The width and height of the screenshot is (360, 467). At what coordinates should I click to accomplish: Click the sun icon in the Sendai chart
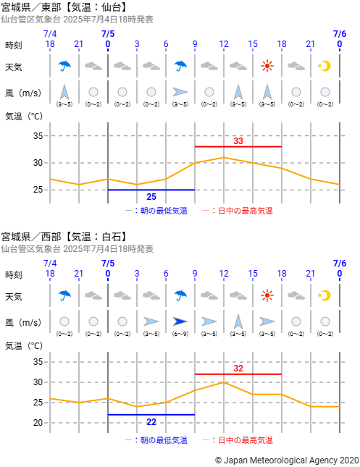click(x=267, y=66)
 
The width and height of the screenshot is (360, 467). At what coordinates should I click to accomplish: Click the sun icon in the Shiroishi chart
click(x=267, y=295)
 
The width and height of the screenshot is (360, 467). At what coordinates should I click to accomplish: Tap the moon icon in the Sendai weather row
click(x=325, y=66)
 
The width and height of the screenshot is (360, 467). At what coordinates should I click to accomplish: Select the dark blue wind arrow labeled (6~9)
click(x=180, y=321)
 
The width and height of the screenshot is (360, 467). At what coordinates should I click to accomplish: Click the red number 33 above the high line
click(x=238, y=141)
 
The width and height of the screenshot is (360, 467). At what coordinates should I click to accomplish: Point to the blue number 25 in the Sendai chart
click(x=151, y=196)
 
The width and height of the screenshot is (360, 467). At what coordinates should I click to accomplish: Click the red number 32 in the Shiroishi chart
click(x=238, y=369)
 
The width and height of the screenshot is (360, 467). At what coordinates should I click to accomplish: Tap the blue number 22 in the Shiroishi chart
click(x=151, y=421)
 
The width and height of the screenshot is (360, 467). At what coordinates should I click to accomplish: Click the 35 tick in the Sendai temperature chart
click(x=38, y=136)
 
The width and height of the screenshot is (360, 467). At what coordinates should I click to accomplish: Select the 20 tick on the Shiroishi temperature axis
click(x=38, y=423)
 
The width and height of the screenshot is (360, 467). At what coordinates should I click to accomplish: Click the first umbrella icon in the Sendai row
click(x=64, y=66)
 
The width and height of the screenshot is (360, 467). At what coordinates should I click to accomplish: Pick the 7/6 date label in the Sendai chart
click(x=340, y=34)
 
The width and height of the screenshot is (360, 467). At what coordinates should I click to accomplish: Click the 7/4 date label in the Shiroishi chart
click(x=50, y=264)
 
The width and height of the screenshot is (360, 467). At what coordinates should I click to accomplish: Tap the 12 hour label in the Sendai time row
click(x=224, y=44)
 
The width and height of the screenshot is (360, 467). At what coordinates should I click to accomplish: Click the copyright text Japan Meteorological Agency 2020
click(x=287, y=460)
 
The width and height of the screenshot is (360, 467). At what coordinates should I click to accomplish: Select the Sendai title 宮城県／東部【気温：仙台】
click(x=64, y=7)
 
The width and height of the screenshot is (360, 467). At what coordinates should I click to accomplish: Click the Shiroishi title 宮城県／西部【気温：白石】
click(x=64, y=237)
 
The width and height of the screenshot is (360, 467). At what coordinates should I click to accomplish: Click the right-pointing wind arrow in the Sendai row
click(x=180, y=92)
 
